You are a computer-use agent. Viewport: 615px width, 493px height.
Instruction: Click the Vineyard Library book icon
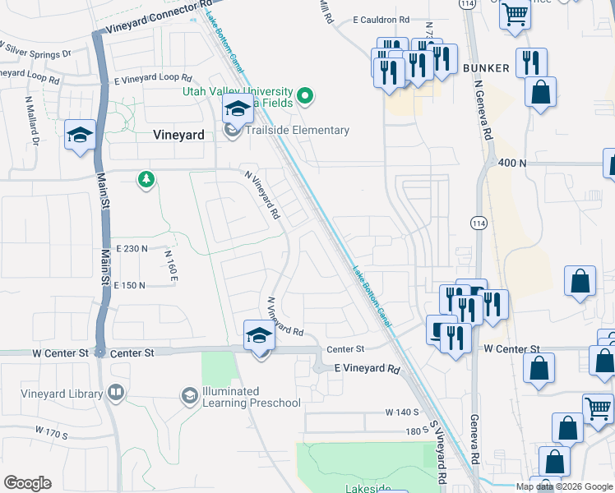pos(116,393)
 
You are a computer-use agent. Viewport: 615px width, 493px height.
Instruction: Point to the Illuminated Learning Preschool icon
pos(190,397)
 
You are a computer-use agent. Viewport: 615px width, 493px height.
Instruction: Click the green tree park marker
pos(146,179)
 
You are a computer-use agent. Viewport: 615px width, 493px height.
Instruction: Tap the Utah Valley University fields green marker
pos(305,97)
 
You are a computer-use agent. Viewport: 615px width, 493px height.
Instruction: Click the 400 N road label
pos(511,164)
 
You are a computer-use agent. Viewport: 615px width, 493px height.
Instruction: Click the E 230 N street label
pos(132,248)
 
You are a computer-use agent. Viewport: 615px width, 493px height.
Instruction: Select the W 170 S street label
pos(51,431)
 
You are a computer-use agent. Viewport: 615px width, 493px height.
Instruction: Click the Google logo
pos(27,483)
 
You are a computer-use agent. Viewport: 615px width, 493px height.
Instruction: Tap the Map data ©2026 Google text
pos(564,486)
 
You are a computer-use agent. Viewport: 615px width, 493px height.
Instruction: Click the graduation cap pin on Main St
pos(80,136)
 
